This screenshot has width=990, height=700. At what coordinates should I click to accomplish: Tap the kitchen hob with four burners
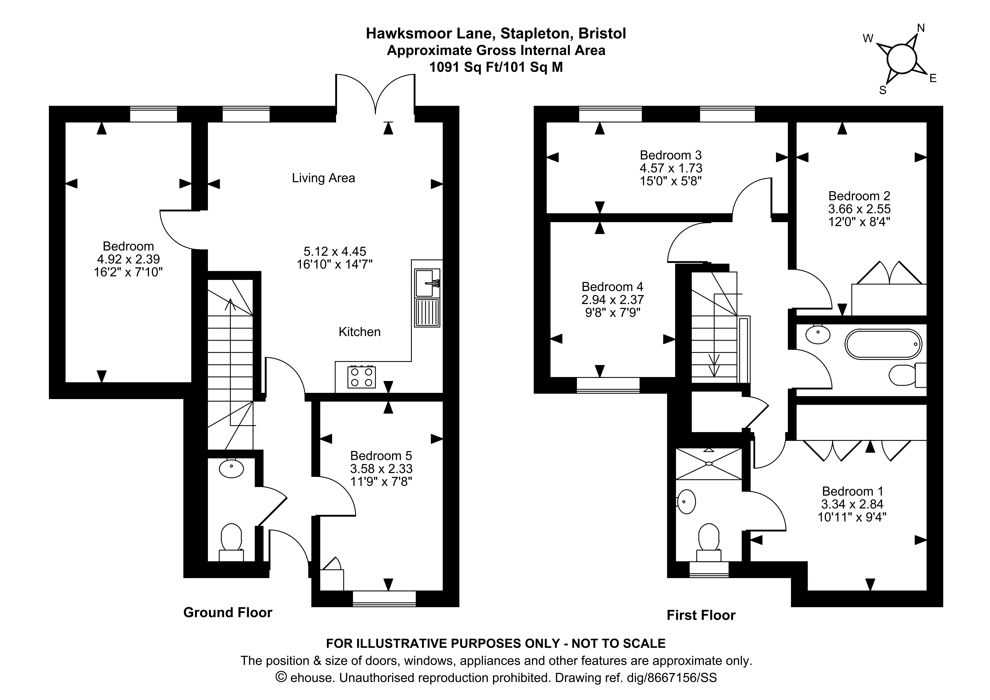click(361, 377)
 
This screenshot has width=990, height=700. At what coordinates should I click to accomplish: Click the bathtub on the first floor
click(883, 344)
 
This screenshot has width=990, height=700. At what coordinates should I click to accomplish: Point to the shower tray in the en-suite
click(708, 464)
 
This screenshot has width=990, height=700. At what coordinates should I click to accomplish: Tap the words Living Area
click(323, 178)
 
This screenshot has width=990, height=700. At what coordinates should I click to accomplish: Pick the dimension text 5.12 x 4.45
click(335, 251)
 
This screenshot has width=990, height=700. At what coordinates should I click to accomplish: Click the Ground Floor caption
click(228, 612)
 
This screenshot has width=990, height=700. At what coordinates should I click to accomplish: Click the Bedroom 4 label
click(612, 286)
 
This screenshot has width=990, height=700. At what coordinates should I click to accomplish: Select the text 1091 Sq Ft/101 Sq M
click(496, 67)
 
